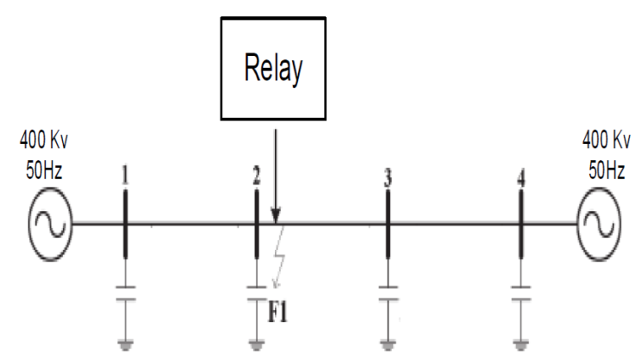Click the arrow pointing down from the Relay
[x=275, y=172]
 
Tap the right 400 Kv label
[x=607, y=140]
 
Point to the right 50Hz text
[x=607, y=169]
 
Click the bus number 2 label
[x=257, y=177]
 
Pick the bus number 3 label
[x=388, y=178]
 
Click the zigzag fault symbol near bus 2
[x=277, y=254]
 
